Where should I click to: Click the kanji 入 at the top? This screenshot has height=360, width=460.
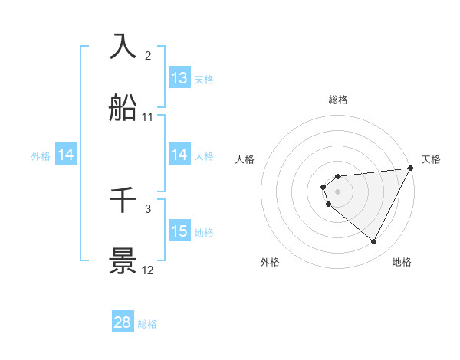[124, 46]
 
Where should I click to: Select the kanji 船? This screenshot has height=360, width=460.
[124, 107]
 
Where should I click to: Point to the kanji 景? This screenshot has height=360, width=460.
[124, 261]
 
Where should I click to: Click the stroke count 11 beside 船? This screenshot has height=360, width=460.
[148, 117]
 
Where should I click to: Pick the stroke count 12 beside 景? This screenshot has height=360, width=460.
[148, 270]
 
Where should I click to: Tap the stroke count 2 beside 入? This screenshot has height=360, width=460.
[148, 55]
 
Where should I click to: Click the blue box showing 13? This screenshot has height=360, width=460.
[179, 78]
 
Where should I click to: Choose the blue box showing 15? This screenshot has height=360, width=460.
[179, 231]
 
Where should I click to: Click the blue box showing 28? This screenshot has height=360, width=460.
[123, 322]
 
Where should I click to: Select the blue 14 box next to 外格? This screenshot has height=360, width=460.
[66, 155]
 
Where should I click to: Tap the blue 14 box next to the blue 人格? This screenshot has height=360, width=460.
[179, 155]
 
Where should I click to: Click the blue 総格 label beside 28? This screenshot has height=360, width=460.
[147, 324]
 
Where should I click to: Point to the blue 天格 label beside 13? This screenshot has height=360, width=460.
[203, 80]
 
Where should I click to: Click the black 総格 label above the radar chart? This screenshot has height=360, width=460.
[338, 100]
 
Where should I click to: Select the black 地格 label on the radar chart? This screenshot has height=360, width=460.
[402, 262]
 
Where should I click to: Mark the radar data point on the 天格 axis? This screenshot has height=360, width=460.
[410, 169]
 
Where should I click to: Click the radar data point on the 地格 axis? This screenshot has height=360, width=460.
[374, 242]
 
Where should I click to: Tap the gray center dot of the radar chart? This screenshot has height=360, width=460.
[338, 191]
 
